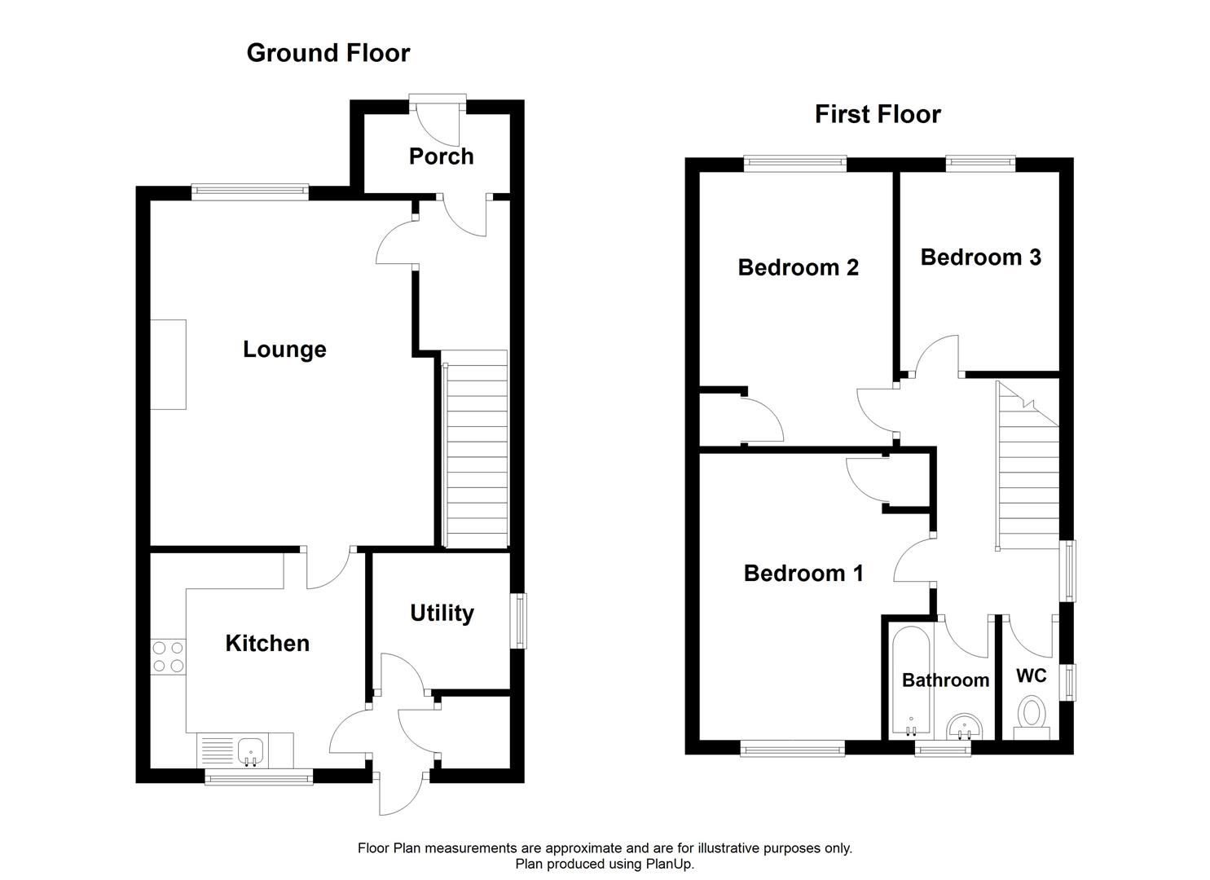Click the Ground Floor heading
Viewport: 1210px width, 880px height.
[328, 53]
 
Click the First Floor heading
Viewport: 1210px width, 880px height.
[878, 114]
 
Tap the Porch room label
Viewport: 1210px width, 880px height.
[441, 156]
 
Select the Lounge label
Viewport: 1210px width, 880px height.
[284, 350]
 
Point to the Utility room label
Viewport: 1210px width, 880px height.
[442, 613]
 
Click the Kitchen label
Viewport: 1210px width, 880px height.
[267, 643]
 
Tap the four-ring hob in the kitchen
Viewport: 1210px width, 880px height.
[168, 657]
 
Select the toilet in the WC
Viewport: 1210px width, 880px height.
[1032, 714]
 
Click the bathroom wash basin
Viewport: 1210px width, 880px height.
[966, 724]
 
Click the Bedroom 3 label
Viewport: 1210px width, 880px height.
[980, 257]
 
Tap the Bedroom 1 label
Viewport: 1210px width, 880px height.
[803, 573]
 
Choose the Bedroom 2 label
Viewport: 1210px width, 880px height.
[798, 267]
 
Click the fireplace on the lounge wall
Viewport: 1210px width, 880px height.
[169, 364]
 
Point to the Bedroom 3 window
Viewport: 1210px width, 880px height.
[980, 165]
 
